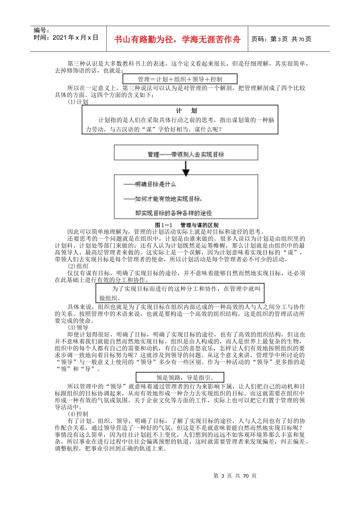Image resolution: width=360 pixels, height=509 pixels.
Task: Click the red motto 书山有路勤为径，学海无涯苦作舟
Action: click(177, 39)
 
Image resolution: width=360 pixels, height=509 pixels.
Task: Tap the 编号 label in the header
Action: click(41, 30)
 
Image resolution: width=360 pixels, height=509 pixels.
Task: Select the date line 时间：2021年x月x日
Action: click(66, 37)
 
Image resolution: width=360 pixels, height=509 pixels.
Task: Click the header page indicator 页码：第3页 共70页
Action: click(281, 39)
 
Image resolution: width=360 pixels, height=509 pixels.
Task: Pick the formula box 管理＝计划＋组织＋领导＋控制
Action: click(180, 79)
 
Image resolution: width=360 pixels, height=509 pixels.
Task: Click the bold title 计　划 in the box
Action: click(186, 111)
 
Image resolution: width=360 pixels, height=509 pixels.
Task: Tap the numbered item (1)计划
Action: click(78, 102)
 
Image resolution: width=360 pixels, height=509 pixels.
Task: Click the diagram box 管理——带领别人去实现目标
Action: click(186, 154)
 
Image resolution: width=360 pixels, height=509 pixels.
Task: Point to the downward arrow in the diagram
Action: click(186, 169)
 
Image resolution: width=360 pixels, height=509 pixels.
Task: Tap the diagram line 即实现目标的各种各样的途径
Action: click(174, 213)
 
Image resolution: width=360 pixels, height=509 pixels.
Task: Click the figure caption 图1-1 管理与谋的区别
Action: click(186, 225)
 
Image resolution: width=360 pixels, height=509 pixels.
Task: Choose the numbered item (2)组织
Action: click(78, 266)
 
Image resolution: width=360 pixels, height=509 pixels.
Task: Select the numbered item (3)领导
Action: click(78, 328)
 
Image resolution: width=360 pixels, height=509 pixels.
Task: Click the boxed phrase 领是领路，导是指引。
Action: click(180, 377)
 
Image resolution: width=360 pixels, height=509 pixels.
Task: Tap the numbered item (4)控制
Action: click(78, 414)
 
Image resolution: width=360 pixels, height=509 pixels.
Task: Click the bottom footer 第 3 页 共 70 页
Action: click(235, 476)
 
